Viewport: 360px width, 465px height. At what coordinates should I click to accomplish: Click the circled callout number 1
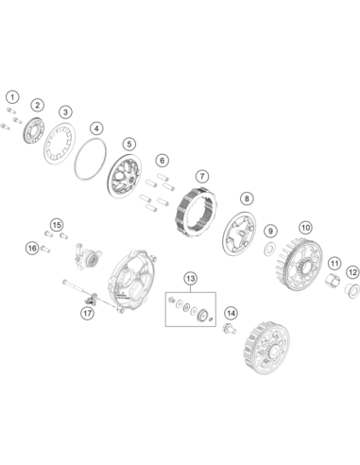12,97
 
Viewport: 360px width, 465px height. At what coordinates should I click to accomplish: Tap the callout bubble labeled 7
202,176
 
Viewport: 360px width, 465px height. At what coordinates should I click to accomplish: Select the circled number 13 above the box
191,279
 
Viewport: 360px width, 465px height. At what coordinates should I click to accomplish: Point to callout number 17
87,313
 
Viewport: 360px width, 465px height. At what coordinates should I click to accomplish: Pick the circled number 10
305,228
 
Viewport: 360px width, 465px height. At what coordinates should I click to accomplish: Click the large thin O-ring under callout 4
91,159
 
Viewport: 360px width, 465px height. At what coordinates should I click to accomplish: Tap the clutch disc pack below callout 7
196,211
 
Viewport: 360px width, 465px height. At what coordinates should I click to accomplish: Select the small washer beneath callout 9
270,250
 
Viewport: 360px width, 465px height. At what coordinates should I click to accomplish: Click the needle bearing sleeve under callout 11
334,280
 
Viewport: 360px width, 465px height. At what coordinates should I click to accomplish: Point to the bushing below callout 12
352,291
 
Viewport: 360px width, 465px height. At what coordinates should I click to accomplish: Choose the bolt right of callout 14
229,328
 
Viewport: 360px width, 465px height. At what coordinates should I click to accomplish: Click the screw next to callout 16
45,250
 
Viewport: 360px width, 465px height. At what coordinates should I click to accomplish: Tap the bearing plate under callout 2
34,129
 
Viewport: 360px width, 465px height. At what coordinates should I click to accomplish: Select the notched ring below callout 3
60,144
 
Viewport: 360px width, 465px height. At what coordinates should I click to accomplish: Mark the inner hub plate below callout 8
238,233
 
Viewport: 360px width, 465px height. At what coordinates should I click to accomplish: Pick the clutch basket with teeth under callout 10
300,265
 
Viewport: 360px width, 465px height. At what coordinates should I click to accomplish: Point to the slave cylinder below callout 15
88,257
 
